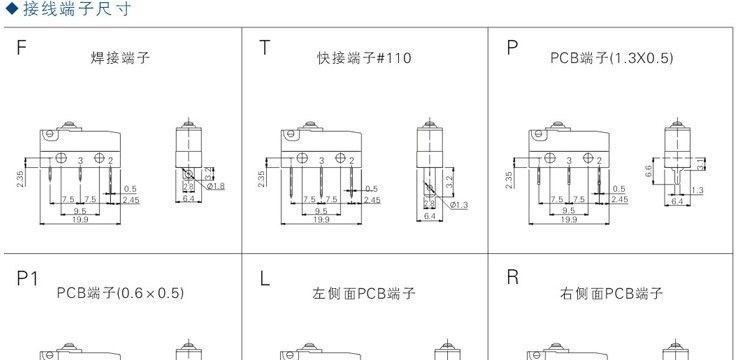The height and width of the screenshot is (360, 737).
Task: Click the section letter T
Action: (264, 48)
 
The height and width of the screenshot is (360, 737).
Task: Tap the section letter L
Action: (264, 279)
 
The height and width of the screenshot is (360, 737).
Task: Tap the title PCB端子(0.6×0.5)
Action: (120, 294)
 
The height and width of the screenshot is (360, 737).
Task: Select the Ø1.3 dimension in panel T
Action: (459, 205)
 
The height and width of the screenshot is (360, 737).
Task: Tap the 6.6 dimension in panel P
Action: (648, 171)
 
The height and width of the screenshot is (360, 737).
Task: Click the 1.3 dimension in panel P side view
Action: (697, 190)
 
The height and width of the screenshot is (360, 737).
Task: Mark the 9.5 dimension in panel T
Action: (320, 211)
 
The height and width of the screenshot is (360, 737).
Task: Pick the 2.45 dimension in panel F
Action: (131, 200)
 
